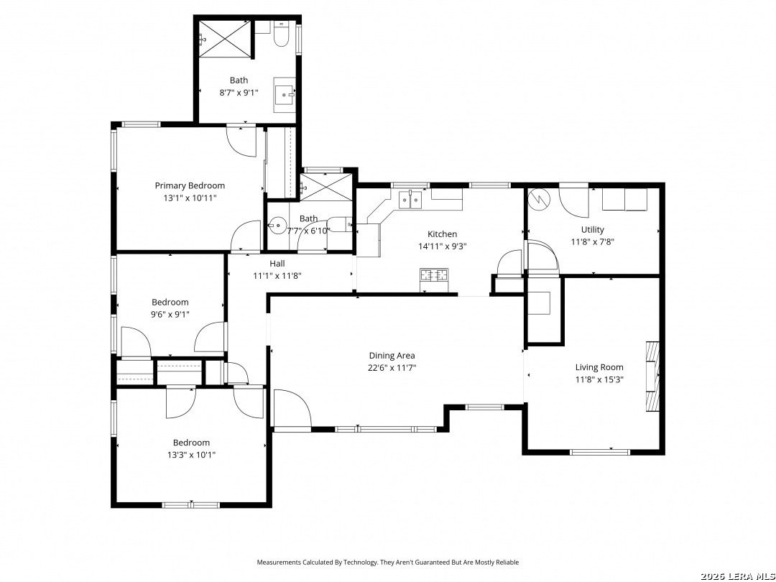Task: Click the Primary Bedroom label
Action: pos(190,185)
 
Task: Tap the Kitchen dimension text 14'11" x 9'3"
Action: pos(443,246)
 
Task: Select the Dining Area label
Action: pos(392,356)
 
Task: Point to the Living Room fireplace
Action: pos(652,376)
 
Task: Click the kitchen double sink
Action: pos(411,200)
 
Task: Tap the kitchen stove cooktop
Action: pos(434,274)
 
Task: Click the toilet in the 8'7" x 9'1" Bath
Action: pos(281,34)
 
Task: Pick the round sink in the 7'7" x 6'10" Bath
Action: pos(277,226)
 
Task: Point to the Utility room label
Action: pos(592,230)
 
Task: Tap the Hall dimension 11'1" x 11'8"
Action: pos(277,276)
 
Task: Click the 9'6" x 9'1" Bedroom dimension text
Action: pos(170,314)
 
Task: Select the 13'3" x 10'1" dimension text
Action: pos(192,454)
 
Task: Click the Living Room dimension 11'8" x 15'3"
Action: pos(599,379)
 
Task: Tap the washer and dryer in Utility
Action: pos(624,200)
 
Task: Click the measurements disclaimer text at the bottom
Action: pos(387,562)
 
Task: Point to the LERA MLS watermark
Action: pos(737,576)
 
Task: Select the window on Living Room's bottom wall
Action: pos(599,452)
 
